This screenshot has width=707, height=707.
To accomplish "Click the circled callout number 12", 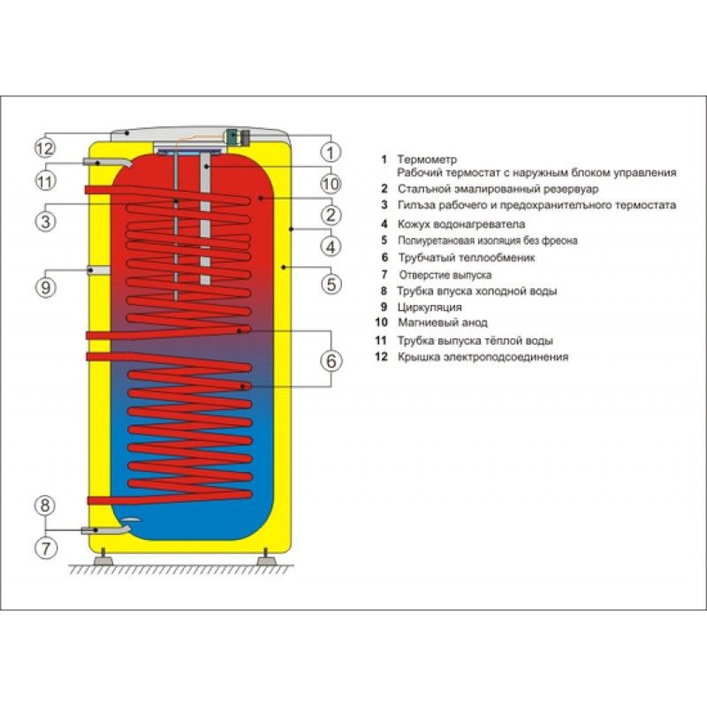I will (x=46, y=148).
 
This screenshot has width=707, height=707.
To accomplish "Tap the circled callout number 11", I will (x=46, y=181).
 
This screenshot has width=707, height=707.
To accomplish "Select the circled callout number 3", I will (x=46, y=219).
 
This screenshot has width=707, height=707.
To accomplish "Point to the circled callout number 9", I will (x=46, y=285).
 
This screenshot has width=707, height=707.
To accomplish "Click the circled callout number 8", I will (x=46, y=506).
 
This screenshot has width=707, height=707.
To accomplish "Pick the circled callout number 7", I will (x=46, y=546).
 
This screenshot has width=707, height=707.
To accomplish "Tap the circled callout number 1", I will (x=331, y=151).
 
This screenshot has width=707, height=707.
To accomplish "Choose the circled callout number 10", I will (x=331, y=184).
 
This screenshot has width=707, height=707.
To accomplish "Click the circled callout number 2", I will (x=331, y=214).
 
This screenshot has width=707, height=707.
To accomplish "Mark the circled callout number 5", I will (x=331, y=285).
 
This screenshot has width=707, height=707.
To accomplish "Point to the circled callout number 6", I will (x=331, y=361).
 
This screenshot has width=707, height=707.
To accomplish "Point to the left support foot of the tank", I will (x=103, y=558).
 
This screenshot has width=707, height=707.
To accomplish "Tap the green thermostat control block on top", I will (x=233, y=136).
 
